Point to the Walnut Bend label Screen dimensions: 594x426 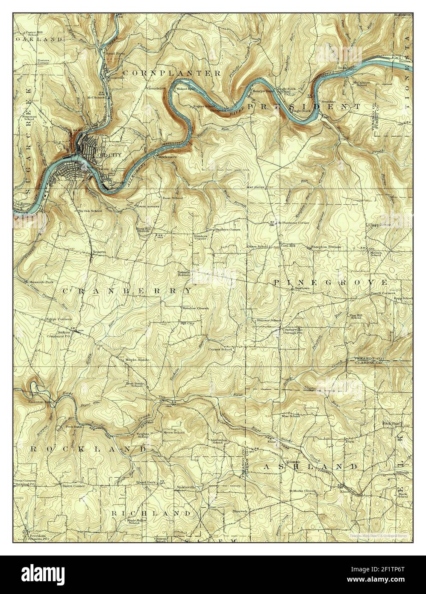188,89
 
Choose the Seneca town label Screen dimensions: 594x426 99,252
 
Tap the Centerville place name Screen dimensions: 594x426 293,329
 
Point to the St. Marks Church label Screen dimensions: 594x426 303,491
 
